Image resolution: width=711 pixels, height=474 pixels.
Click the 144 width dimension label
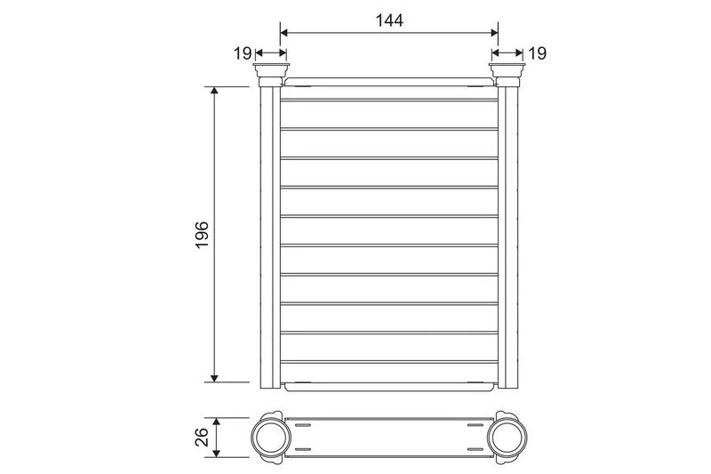(389, 20)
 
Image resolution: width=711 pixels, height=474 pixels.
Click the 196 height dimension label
(202, 235)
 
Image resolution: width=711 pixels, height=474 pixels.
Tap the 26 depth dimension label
(202, 437)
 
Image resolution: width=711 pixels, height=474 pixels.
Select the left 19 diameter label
(242, 53)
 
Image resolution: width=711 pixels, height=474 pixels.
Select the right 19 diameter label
(538, 53)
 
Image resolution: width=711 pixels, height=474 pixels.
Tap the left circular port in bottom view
(271, 438)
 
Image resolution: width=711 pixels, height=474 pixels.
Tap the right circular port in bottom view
(507, 438)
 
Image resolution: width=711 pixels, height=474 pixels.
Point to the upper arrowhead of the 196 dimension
(214, 90)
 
